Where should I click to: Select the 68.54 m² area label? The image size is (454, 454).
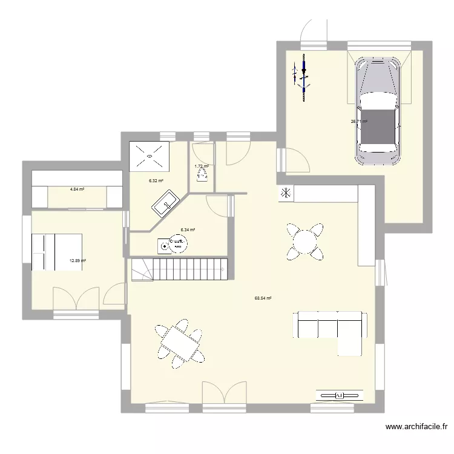pos(263,298)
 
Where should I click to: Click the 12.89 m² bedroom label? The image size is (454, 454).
pos(77,261)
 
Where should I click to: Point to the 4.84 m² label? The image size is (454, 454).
pos(77,189)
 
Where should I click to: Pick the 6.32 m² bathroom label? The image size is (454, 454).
pos(156,180)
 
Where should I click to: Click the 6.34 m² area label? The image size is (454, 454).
pos(188,229)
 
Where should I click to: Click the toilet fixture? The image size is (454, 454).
pos(202,175)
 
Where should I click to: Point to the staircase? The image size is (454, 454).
pos(179,268)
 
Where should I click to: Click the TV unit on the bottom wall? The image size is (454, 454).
pos(340,395)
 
